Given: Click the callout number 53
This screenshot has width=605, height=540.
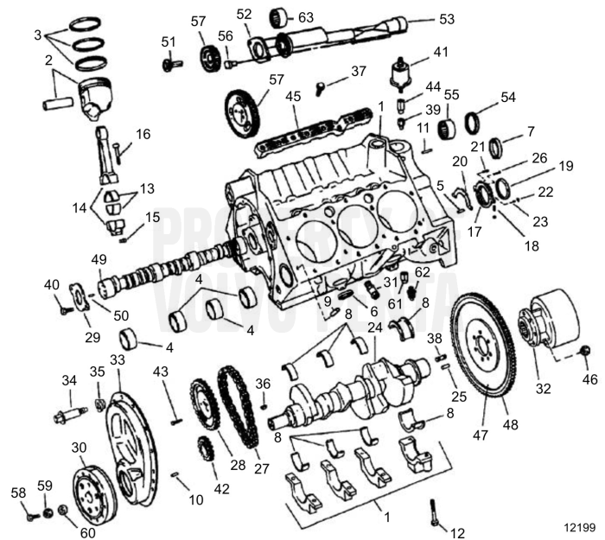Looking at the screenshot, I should pos(446,18).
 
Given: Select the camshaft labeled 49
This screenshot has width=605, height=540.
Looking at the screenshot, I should pos(164,268).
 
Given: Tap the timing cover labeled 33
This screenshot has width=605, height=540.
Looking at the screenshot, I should pos(130,441).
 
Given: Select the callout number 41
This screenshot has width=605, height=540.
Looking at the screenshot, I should pos(441,52).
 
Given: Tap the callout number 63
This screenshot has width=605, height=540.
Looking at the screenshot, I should pos(306,16).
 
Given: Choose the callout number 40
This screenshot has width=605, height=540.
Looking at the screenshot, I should pos(52,284).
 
